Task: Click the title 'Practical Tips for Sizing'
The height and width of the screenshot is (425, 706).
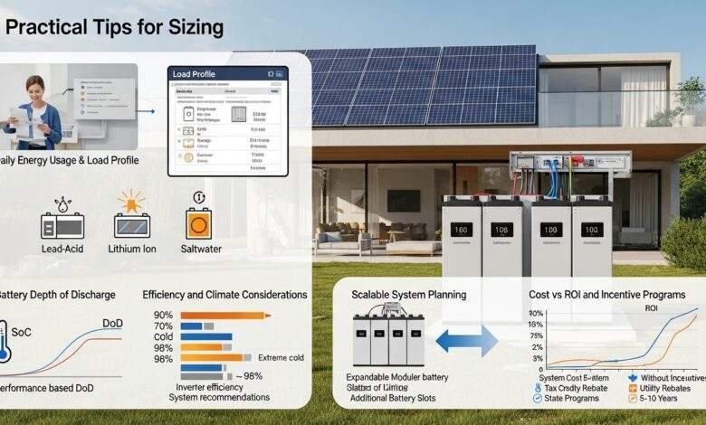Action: coord(114,27)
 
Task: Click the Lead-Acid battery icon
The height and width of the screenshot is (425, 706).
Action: coord(62,224)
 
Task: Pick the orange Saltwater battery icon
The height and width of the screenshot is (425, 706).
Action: coord(198,223)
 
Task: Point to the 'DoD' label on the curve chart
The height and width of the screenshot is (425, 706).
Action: coord(112,323)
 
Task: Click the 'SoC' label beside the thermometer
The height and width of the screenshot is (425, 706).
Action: coord(23,332)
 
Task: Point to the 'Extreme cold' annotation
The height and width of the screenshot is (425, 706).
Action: coord(282,358)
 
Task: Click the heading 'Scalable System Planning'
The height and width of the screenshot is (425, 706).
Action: coord(408,295)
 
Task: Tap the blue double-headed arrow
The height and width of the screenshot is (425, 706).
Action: coord(466,341)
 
